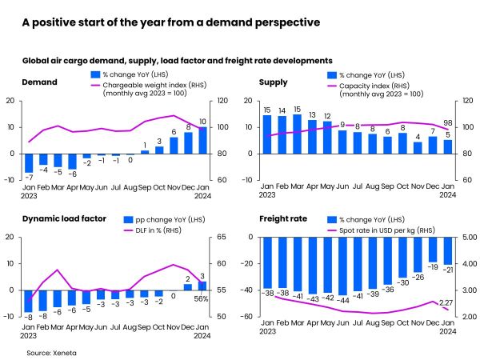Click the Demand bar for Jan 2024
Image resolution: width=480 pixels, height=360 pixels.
click(x=202, y=140)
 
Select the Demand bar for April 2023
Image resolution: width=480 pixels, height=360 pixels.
click(x=71, y=161)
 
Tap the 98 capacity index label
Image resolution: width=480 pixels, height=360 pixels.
click(x=447, y=123)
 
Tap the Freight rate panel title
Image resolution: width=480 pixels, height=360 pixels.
click(x=282, y=218)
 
